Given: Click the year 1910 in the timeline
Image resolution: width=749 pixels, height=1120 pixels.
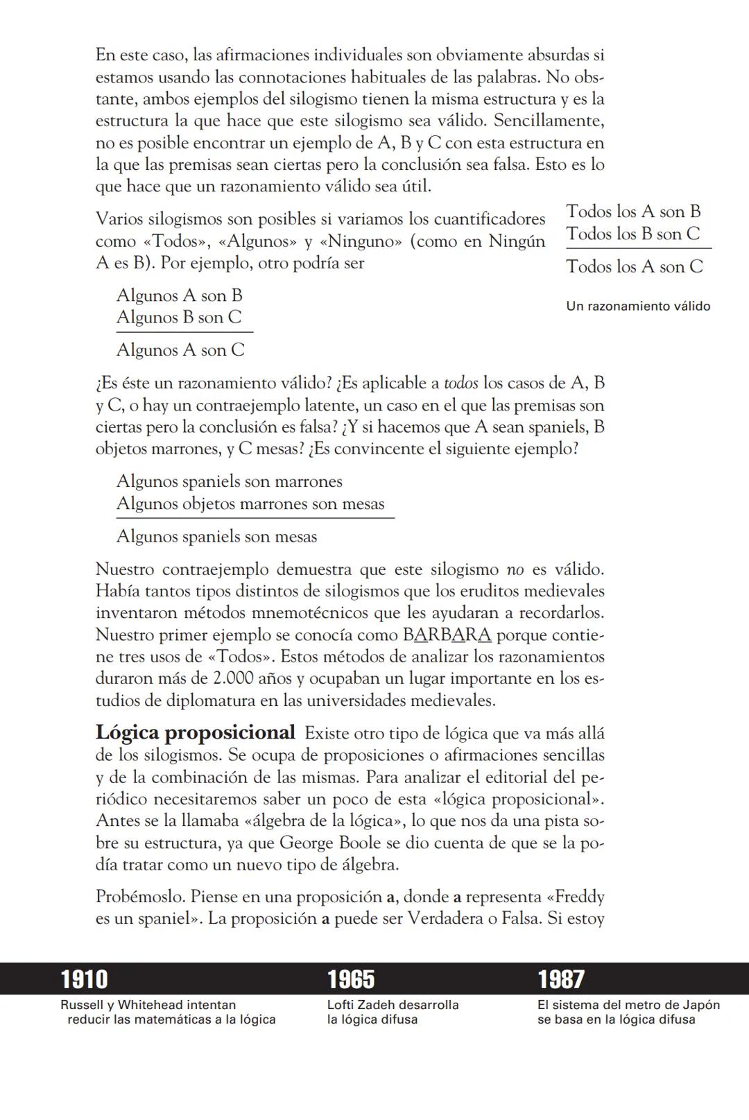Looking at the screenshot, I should point(84,979).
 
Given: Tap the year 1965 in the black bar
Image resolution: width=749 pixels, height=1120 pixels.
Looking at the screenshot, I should point(351,979).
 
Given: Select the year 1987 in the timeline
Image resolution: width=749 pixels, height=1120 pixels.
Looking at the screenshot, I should point(561,979).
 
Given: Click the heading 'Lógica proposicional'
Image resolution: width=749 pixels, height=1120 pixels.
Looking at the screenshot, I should point(195,732).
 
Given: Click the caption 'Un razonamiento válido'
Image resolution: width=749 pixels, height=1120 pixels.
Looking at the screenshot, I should point(638,306).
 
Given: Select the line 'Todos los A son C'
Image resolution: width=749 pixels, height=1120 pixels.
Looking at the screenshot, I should point(635,266).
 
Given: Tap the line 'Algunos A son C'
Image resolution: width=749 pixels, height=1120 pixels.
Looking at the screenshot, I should point(180,350).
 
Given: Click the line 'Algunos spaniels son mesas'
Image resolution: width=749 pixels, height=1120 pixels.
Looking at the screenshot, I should point(216,536).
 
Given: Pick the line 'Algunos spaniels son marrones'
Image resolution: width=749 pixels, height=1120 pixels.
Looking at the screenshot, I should point(229,481).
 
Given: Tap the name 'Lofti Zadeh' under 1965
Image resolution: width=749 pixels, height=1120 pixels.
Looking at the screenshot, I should point(359,1005).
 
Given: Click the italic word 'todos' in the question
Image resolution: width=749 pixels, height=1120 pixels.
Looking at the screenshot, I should point(460,383).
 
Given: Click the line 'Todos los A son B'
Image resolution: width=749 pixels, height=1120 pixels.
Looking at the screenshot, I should point(633,212).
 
